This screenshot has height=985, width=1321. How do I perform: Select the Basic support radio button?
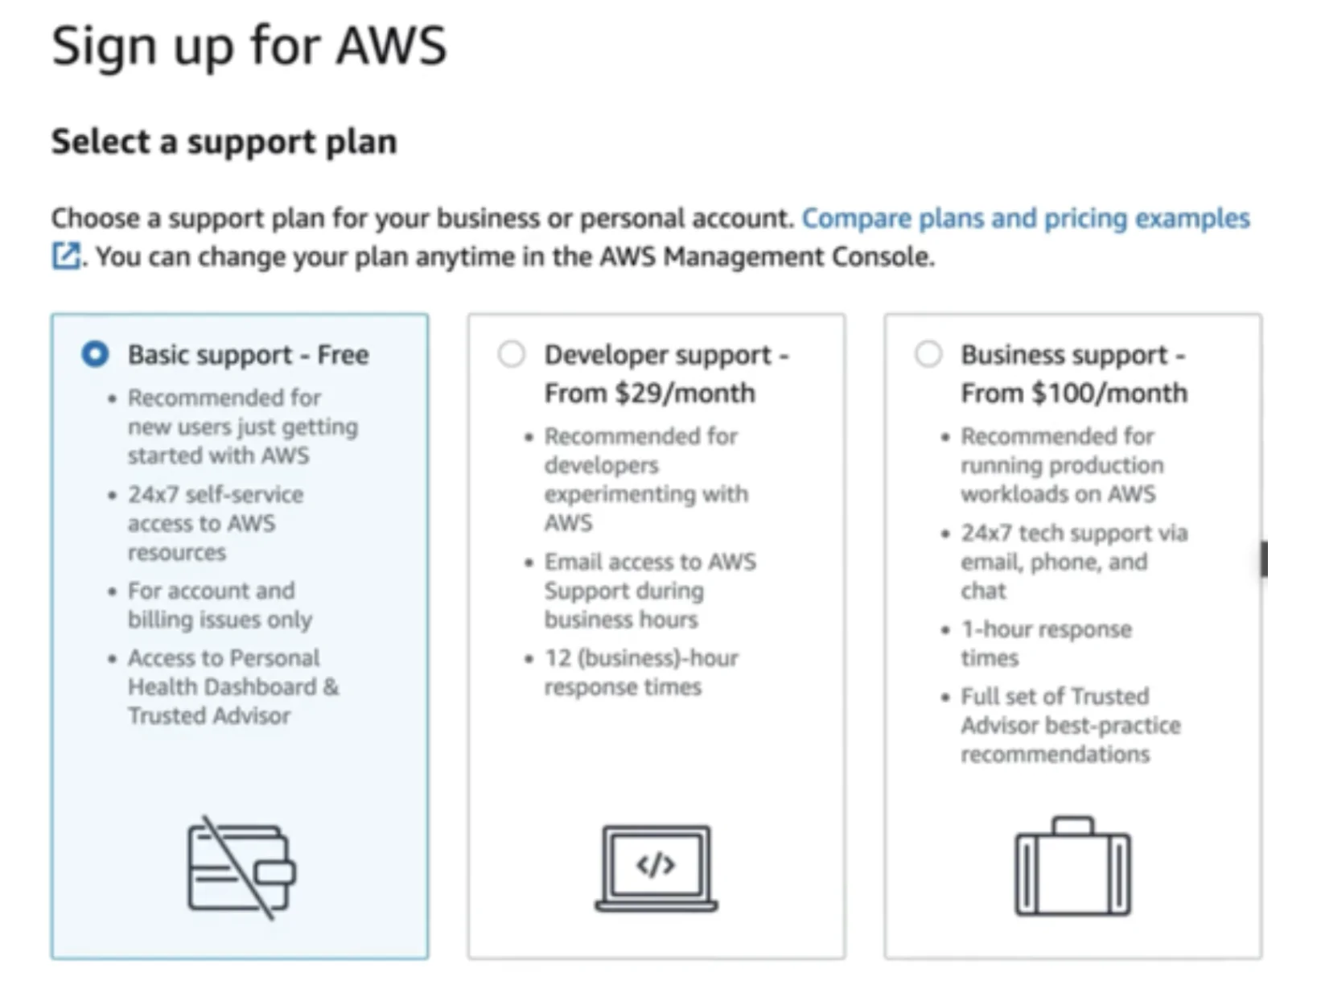click(x=95, y=354)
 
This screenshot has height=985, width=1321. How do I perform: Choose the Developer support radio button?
click(x=512, y=354)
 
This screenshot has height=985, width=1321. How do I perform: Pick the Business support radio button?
click(x=928, y=354)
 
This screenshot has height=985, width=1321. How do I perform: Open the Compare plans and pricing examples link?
click(x=1025, y=218)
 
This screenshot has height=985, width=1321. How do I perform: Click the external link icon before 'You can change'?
click(x=66, y=257)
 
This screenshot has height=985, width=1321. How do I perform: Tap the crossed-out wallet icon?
click(x=241, y=868)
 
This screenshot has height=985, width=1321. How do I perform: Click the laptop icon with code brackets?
click(x=656, y=868)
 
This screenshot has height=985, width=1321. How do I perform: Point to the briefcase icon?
click(x=1072, y=868)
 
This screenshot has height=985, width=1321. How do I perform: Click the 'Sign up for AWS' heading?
click(x=249, y=46)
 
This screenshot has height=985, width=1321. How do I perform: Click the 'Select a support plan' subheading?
click(x=224, y=142)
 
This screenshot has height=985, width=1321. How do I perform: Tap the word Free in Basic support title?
click(x=343, y=355)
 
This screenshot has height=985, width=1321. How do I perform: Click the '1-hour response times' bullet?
click(x=1046, y=643)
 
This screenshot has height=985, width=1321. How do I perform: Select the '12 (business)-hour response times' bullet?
click(x=640, y=672)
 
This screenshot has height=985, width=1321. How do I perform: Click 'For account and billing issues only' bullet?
click(x=219, y=604)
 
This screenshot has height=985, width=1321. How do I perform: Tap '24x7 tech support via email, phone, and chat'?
click(x=1073, y=561)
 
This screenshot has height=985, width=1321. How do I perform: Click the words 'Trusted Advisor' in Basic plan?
click(x=209, y=715)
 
